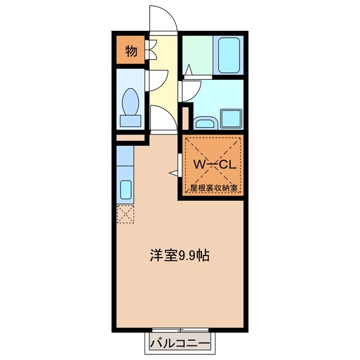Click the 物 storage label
coord(130,51)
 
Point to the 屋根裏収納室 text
coord(213,188)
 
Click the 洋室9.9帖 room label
coord(180,256)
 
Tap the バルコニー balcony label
coord(180,343)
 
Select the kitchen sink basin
coord(125,190)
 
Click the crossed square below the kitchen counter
coord(125,214)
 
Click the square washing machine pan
coord(232,118)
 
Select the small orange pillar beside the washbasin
coord(186,117)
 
